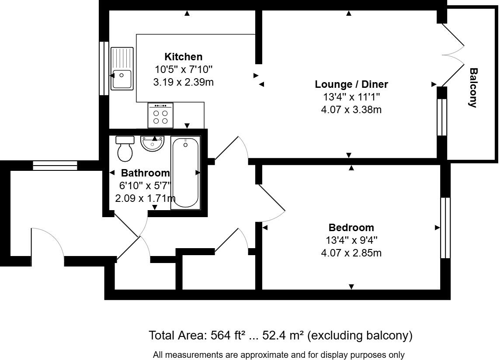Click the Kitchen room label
(183, 57)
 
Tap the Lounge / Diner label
(351, 84)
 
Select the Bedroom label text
(351, 228)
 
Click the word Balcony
(473, 87)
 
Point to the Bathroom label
(145, 173)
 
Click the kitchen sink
(122, 69)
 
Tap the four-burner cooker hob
(160, 115)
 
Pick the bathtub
(185, 173)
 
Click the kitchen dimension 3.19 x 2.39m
(183, 82)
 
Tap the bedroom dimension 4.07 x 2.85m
(351, 253)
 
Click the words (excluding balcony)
(360, 336)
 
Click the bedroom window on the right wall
(445, 228)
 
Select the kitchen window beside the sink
(104, 68)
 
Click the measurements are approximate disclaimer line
(278, 355)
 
